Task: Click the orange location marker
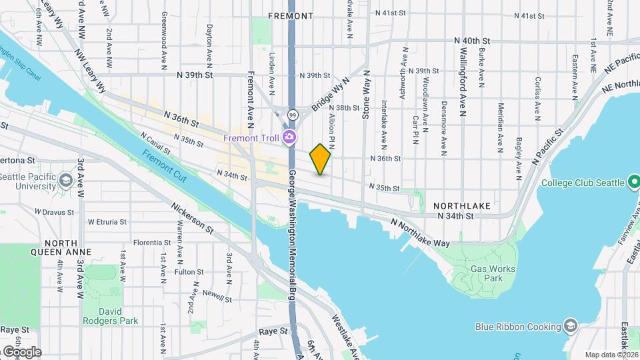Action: click(x=320, y=159)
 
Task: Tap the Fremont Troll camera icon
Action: click(x=289, y=138)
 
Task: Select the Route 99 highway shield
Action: click(x=293, y=115)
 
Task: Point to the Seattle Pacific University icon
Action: click(x=65, y=181)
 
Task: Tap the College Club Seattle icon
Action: click(x=634, y=183)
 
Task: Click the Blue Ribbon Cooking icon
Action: click(x=570, y=326)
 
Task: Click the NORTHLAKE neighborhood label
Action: click(x=462, y=206)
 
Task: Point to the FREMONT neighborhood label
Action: click(x=290, y=15)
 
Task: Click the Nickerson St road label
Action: click(x=191, y=219)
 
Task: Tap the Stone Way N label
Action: click(x=365, y=96)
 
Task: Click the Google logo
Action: click(x=21, y=351)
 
